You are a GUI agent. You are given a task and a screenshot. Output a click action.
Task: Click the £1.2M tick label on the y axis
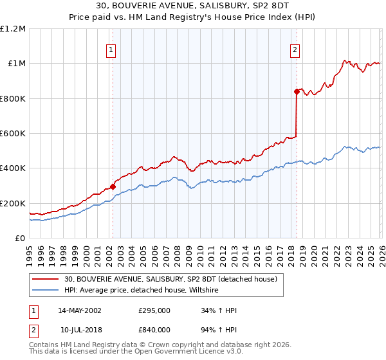pos(13,28)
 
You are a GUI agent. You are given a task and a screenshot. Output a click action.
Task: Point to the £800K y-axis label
pos(13,98)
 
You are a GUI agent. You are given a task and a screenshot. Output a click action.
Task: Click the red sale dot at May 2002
pos(113,186)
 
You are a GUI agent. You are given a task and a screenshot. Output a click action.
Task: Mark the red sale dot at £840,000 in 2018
pos(297,91)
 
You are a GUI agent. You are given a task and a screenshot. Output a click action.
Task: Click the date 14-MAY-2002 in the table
pos(80,310)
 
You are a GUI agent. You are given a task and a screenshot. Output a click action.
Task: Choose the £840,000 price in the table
pos(154,330)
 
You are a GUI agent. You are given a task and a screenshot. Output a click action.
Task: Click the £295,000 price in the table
pos(154,310)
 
